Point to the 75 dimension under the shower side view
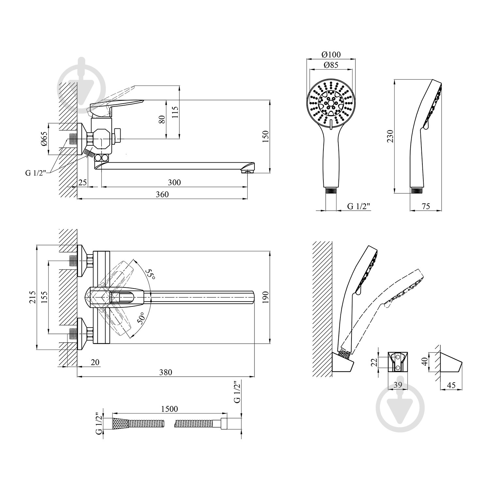tap(426, 206)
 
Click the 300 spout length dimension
tap(174, 182)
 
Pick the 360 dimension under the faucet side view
tap(162, 194)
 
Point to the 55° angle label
tap(151, 273)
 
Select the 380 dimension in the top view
tap(166, 372)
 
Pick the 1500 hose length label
tap(169, 409)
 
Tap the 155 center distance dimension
tap(44, 297)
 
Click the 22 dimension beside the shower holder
tap(375, 362)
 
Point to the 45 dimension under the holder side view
tap(451, 385)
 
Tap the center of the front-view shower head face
tap(331, 104)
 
